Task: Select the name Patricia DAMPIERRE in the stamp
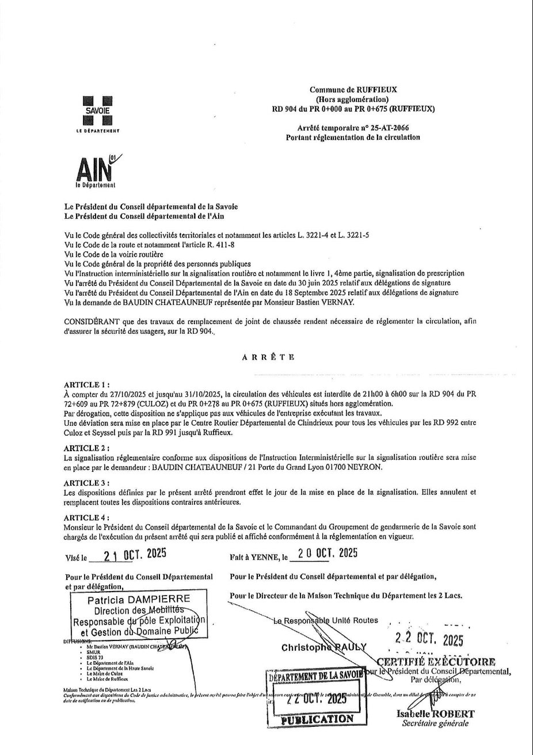pos(139,600)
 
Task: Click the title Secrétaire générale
pos(436,723)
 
